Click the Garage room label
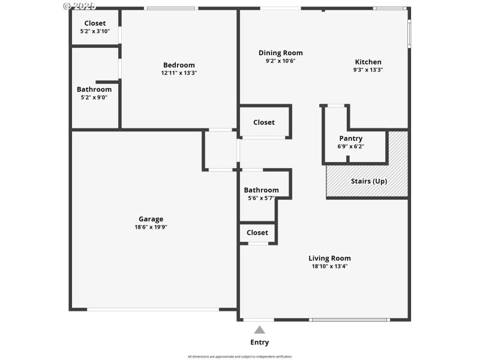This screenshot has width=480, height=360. [151, 219]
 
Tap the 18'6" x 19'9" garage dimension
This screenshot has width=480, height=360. [151, 227]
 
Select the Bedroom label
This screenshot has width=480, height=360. [179, 65]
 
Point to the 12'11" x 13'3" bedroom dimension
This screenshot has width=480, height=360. [179, 73]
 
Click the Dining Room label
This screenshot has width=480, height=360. [280, 53]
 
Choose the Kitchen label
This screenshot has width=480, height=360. [368, 62]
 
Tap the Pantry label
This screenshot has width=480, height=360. [351, 138]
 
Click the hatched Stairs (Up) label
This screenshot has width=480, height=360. [369, 181]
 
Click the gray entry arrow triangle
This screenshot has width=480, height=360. [260, 329]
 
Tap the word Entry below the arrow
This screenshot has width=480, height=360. [260, 343]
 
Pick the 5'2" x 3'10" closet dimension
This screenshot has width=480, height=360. [95, 31]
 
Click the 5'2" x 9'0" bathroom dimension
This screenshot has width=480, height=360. [94, 97]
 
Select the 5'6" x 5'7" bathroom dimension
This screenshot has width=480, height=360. [261, 198]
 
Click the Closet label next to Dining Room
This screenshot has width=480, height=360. [264, 122]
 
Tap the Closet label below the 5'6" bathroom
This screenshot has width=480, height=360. [257, 232]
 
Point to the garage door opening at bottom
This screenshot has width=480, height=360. [153, 309]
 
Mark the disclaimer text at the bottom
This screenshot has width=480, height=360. [240, 356]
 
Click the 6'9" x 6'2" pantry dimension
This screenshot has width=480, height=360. [351, 146]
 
